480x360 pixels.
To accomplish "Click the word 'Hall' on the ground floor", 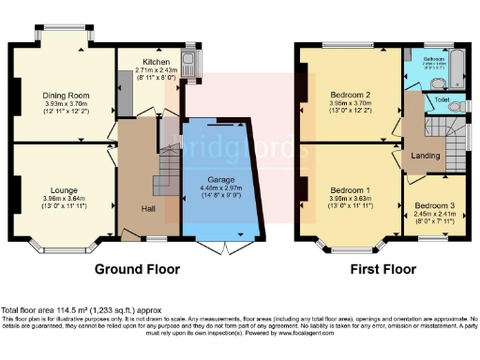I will [x=148, y=209].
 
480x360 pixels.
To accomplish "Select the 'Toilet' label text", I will [x=442, y=98].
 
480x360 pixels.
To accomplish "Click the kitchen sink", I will [x=188, y=64].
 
